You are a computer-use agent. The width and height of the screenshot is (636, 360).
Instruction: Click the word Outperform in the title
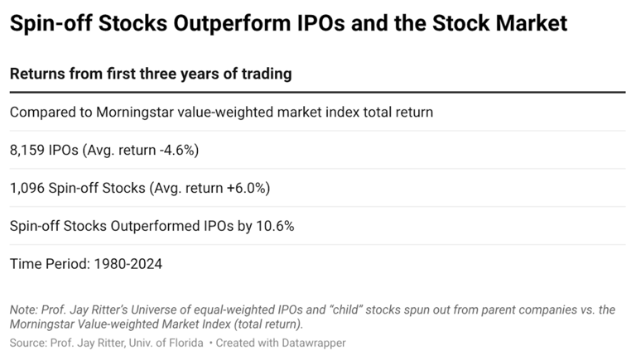(232, 23)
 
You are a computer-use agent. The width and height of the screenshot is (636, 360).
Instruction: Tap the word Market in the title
(532, 22)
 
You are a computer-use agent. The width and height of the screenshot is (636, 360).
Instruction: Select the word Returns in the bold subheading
(37, 74)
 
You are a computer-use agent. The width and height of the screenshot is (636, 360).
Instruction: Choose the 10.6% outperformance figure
(275, 226)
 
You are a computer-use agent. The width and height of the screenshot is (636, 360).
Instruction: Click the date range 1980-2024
(128, 264)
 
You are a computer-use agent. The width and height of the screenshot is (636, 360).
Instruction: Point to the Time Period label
(50, 264)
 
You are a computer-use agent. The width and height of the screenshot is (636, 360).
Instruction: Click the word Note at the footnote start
(23, 310)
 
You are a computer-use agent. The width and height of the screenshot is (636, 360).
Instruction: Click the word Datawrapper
(314, 343)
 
